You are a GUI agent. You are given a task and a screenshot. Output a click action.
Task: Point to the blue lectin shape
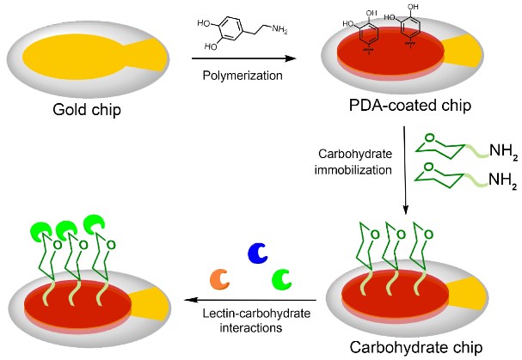coord(257,253)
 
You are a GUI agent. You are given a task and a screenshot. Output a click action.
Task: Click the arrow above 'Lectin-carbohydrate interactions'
coord(249,301)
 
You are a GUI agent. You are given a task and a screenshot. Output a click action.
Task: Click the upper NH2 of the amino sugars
coord(494,152)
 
